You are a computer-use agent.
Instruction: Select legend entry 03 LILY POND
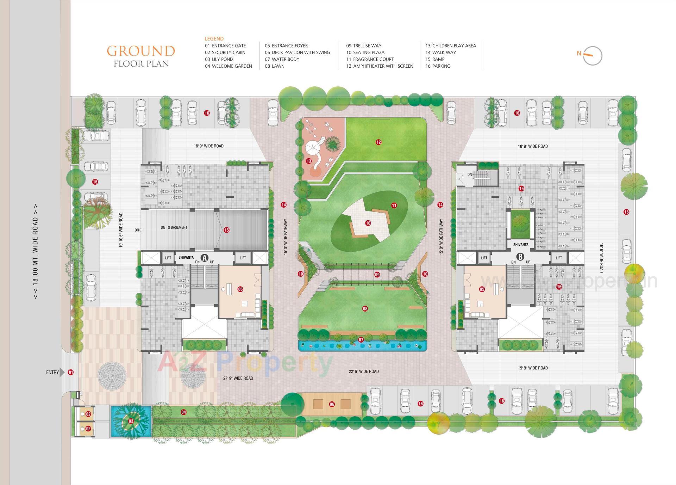coord(219,59)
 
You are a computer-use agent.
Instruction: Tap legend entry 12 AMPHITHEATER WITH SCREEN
coord(380,66)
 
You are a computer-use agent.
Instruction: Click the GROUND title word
coord(141,51)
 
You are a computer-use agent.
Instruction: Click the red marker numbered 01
coord(71,372)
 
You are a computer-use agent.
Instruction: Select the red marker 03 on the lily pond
coord(131,421)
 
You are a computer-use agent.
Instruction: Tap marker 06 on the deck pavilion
coord(332,404)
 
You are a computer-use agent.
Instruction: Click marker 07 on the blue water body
coord(361,340)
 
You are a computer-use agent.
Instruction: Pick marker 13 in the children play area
coord(309,161)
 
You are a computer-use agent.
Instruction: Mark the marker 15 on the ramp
coord(226,230)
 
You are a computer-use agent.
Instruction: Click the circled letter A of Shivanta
coord(204,257)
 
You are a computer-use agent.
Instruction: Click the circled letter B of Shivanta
coord(520,257)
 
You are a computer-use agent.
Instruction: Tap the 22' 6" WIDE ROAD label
coord(364,371)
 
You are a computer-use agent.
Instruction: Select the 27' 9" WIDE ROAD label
coord(238,378)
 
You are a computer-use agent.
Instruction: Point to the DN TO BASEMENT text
coord(174,227)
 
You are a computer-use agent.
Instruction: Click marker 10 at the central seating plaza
coord(368,223)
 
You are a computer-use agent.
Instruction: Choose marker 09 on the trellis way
coord(377,275)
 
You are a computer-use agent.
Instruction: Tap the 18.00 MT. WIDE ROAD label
coord(35,251)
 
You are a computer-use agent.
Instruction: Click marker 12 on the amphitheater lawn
coord(378,142)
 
